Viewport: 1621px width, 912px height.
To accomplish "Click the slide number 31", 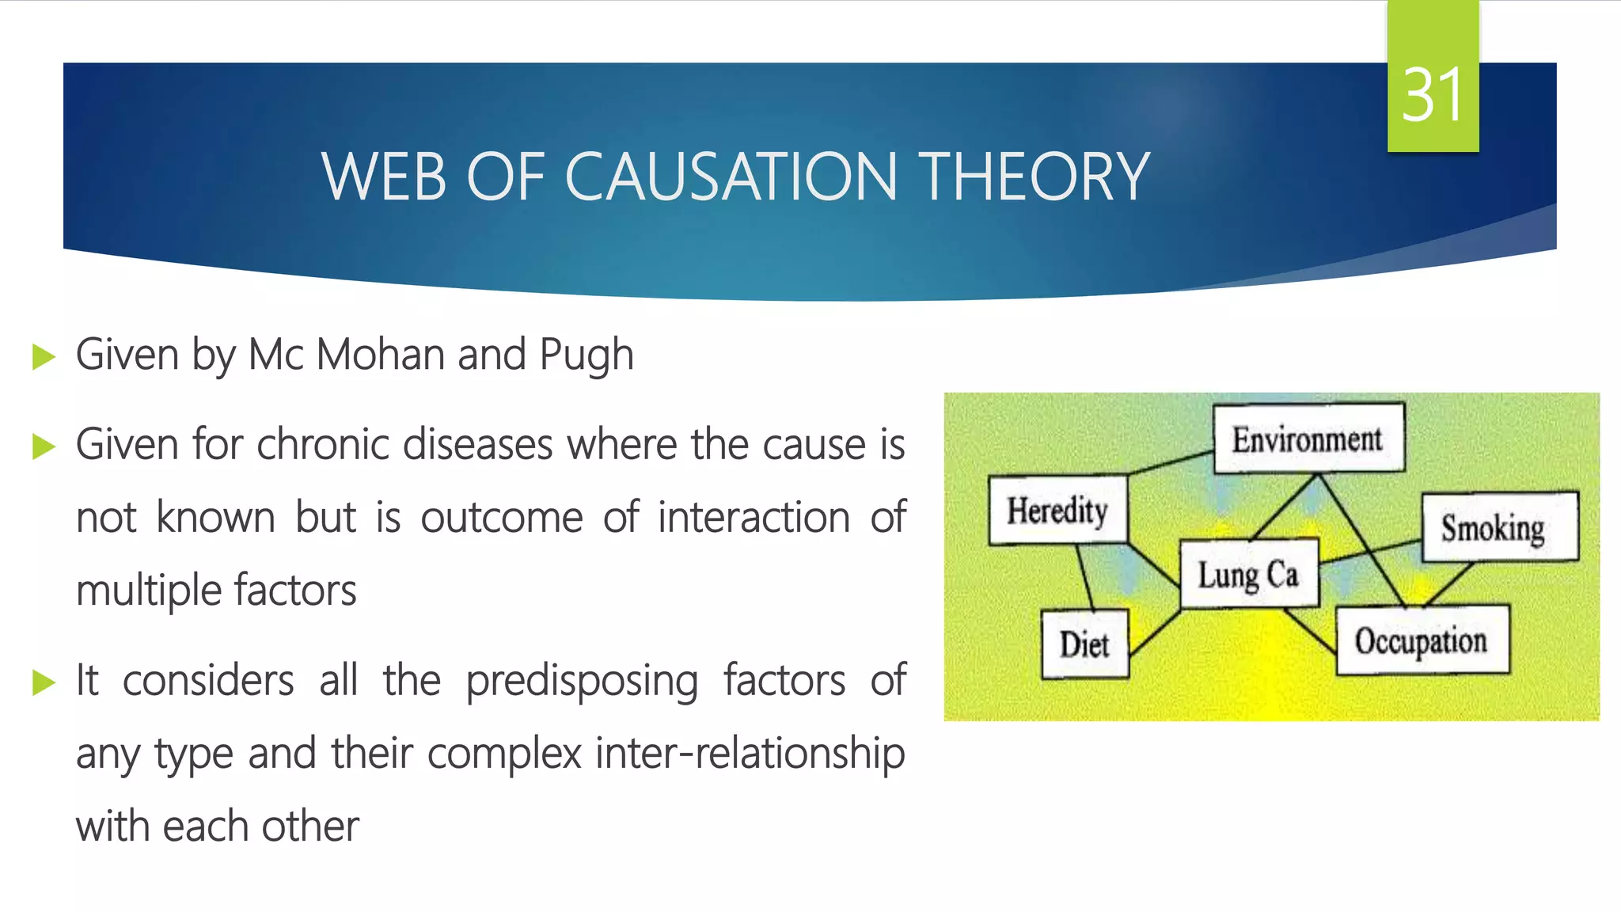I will point(1432,95).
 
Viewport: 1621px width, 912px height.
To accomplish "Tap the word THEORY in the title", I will point(1032,177).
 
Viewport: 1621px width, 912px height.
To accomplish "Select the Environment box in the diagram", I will point(1308,438).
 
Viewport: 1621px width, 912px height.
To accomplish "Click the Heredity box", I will point(1057,510).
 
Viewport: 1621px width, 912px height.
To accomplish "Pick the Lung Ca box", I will point(1248,574).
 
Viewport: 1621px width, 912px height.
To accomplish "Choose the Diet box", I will point(1084,644).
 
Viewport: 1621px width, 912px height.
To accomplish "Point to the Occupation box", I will point(1422,640).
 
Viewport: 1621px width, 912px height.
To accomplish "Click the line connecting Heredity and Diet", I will point(1085,578).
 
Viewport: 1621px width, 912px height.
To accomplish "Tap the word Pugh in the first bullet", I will point(587,355).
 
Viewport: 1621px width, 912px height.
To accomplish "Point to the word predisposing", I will point(582,681).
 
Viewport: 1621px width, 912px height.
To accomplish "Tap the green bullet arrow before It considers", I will point(44,682).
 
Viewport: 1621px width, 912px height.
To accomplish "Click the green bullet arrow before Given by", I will point(44,356).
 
